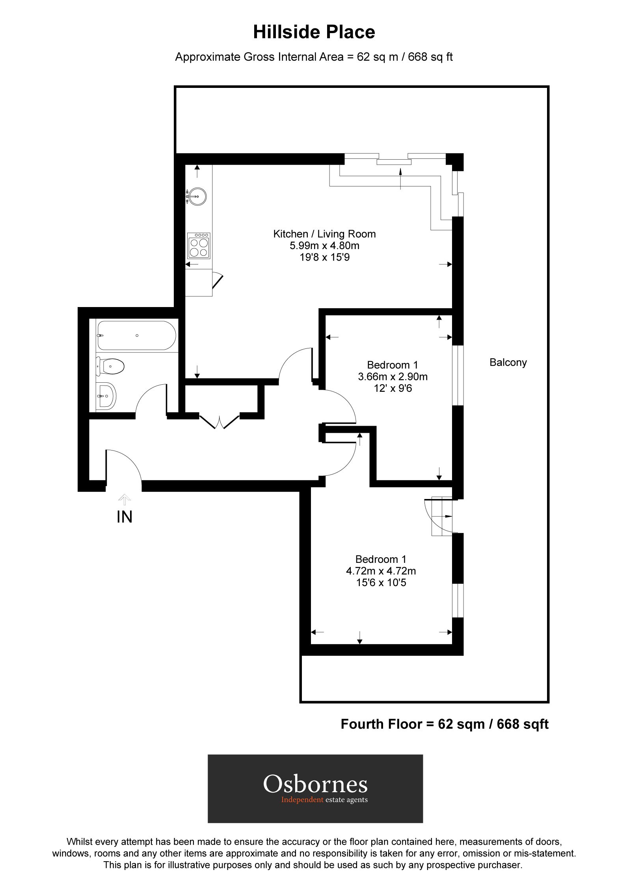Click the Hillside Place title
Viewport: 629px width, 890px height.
pos(314,32)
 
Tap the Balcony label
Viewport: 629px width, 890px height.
pos(508,362)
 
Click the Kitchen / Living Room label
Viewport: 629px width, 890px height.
pos(324,234)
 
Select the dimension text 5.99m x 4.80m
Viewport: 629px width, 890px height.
pos(324,246)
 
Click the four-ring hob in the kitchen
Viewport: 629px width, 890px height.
pos(199,246)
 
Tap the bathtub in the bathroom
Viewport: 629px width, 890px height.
pos(136,335)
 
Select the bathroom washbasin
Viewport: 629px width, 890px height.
pos(106,395)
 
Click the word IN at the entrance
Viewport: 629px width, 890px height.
pos(125,517)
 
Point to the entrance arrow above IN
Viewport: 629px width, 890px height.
pos(125,499)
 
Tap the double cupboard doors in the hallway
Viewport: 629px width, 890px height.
pos(219,421)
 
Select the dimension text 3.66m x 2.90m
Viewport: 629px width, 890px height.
pos(393,376)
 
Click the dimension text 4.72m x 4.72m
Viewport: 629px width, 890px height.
pos(381,570)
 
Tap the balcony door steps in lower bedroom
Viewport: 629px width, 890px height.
pos(441,516)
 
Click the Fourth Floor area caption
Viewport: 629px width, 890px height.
pos(444,724)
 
